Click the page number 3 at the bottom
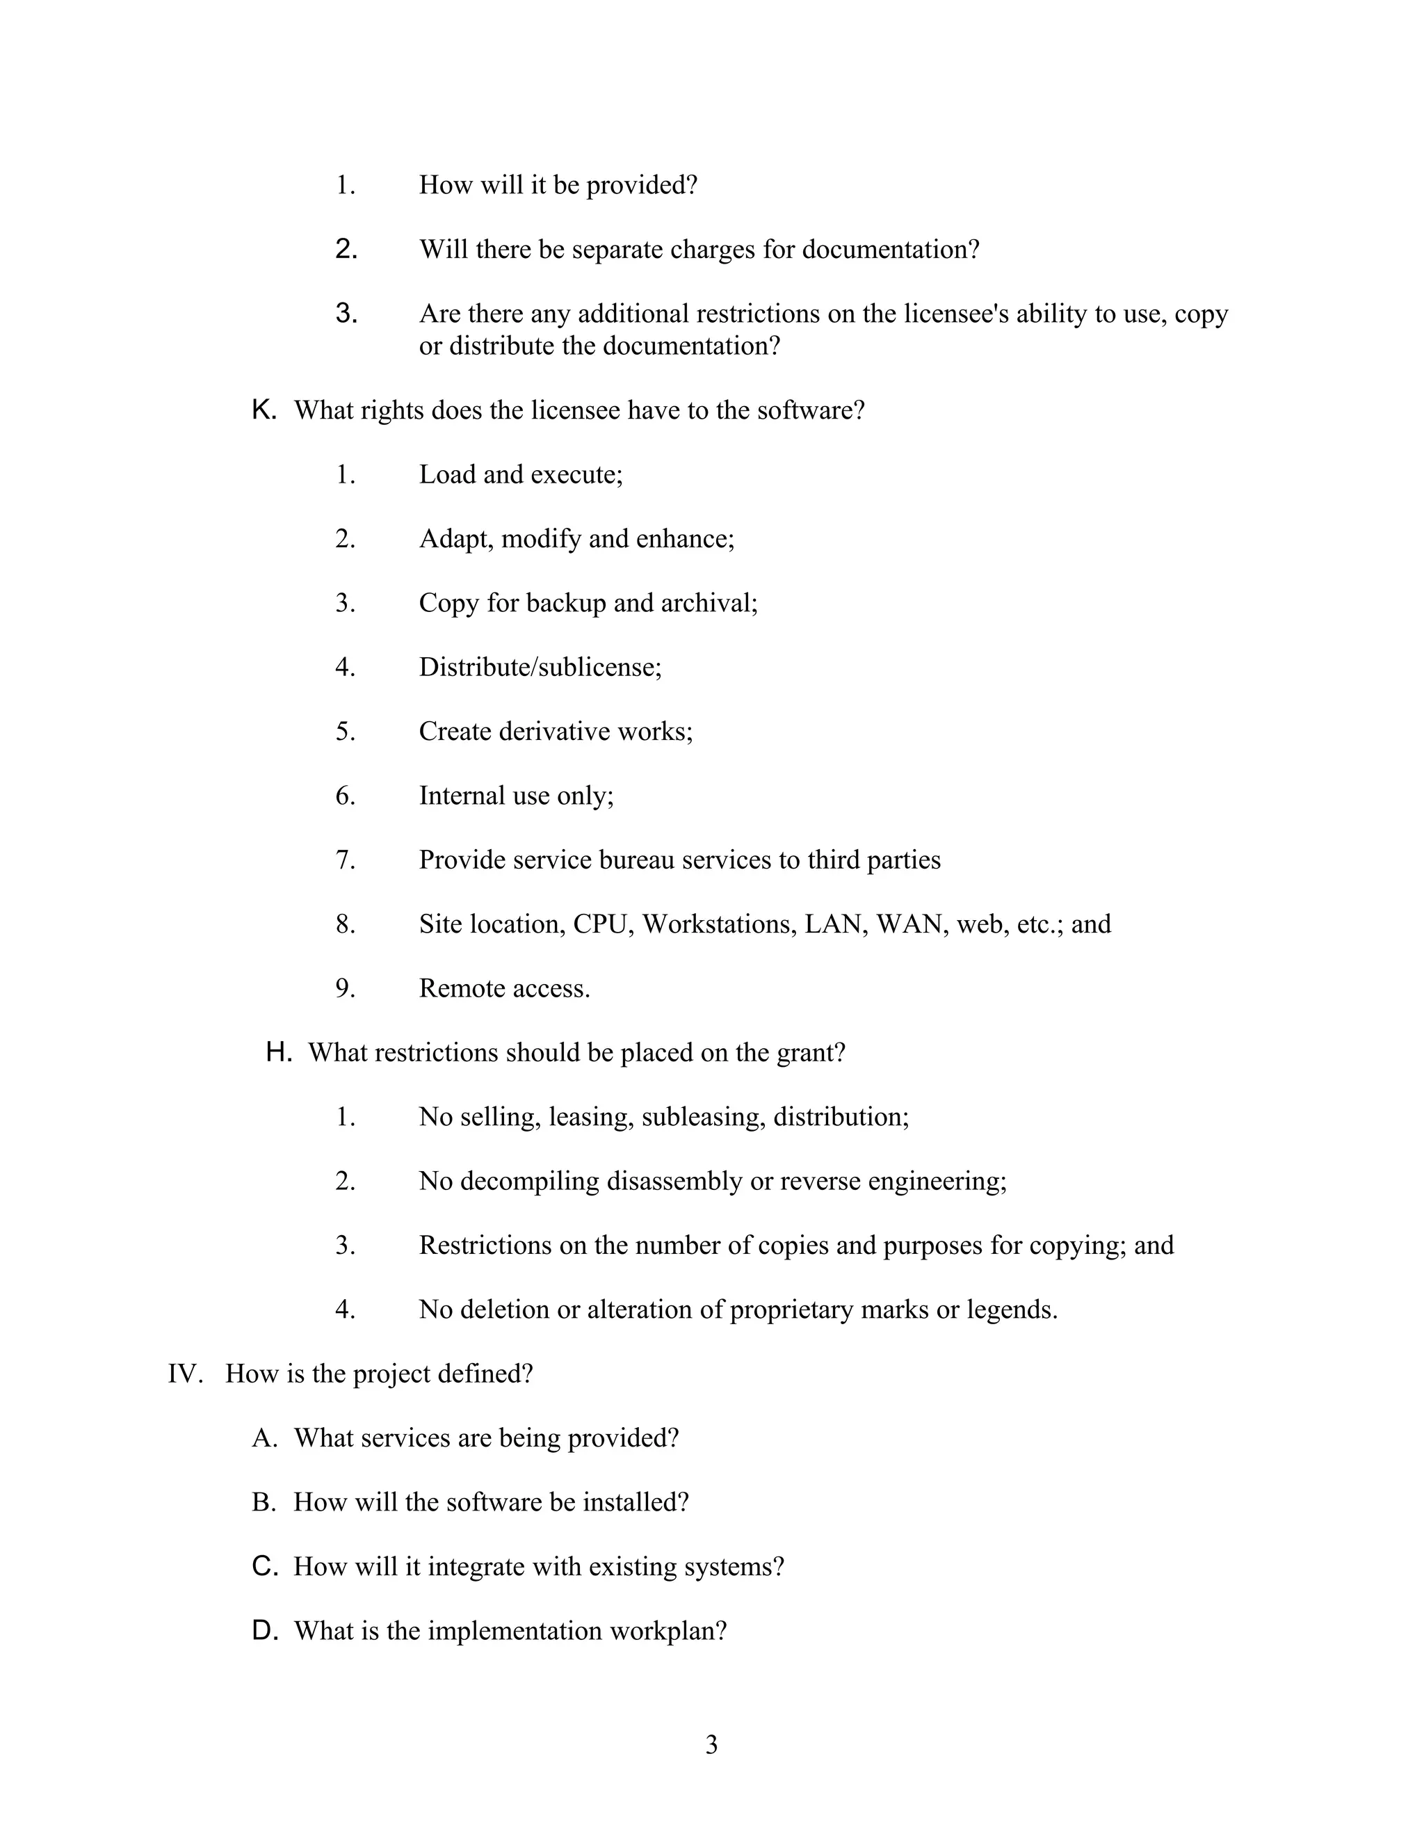click(711, 1744)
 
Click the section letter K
click(264, 410)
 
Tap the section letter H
click(278, 1052)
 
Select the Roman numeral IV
click(185, 1374)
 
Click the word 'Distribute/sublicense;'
click(540, 668)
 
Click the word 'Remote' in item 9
click(458, 988)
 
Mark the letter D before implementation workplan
click(264, 1630)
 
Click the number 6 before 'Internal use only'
click(345, 796)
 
